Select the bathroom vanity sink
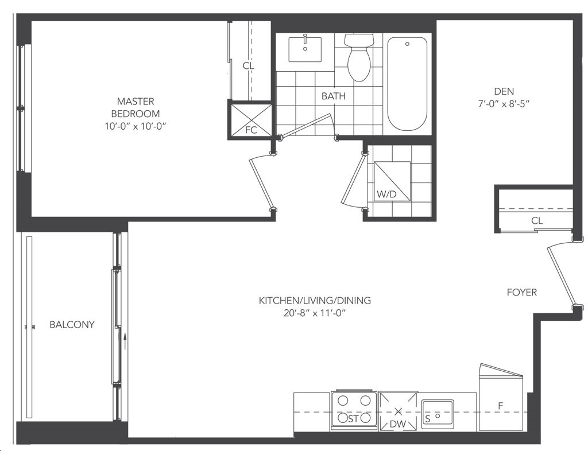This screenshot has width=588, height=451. (x=305, y=49)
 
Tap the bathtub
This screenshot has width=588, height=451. (x=407, y=83)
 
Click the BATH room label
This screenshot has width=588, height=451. (x=334, y=96)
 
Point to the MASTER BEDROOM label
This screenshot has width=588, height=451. (x=136, y=107)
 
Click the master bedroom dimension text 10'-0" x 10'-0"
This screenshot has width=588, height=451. (x=136, y=127)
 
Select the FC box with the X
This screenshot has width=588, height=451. (x=250, y=120)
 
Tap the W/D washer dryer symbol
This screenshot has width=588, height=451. (x=392, y=182)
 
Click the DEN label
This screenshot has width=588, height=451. (x=504, y=91)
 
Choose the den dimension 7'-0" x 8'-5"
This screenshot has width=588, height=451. (x=504, y=104)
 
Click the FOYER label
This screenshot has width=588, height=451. (x=521, y=292)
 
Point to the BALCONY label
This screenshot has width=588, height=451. (x=72, y=324)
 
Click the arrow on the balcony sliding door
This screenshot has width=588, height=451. (x=125, y=341)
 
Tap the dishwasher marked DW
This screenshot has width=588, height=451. (x=398, y=411)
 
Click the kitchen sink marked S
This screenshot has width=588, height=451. (x=438, y=411)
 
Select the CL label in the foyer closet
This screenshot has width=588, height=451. (x=537, y=221)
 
